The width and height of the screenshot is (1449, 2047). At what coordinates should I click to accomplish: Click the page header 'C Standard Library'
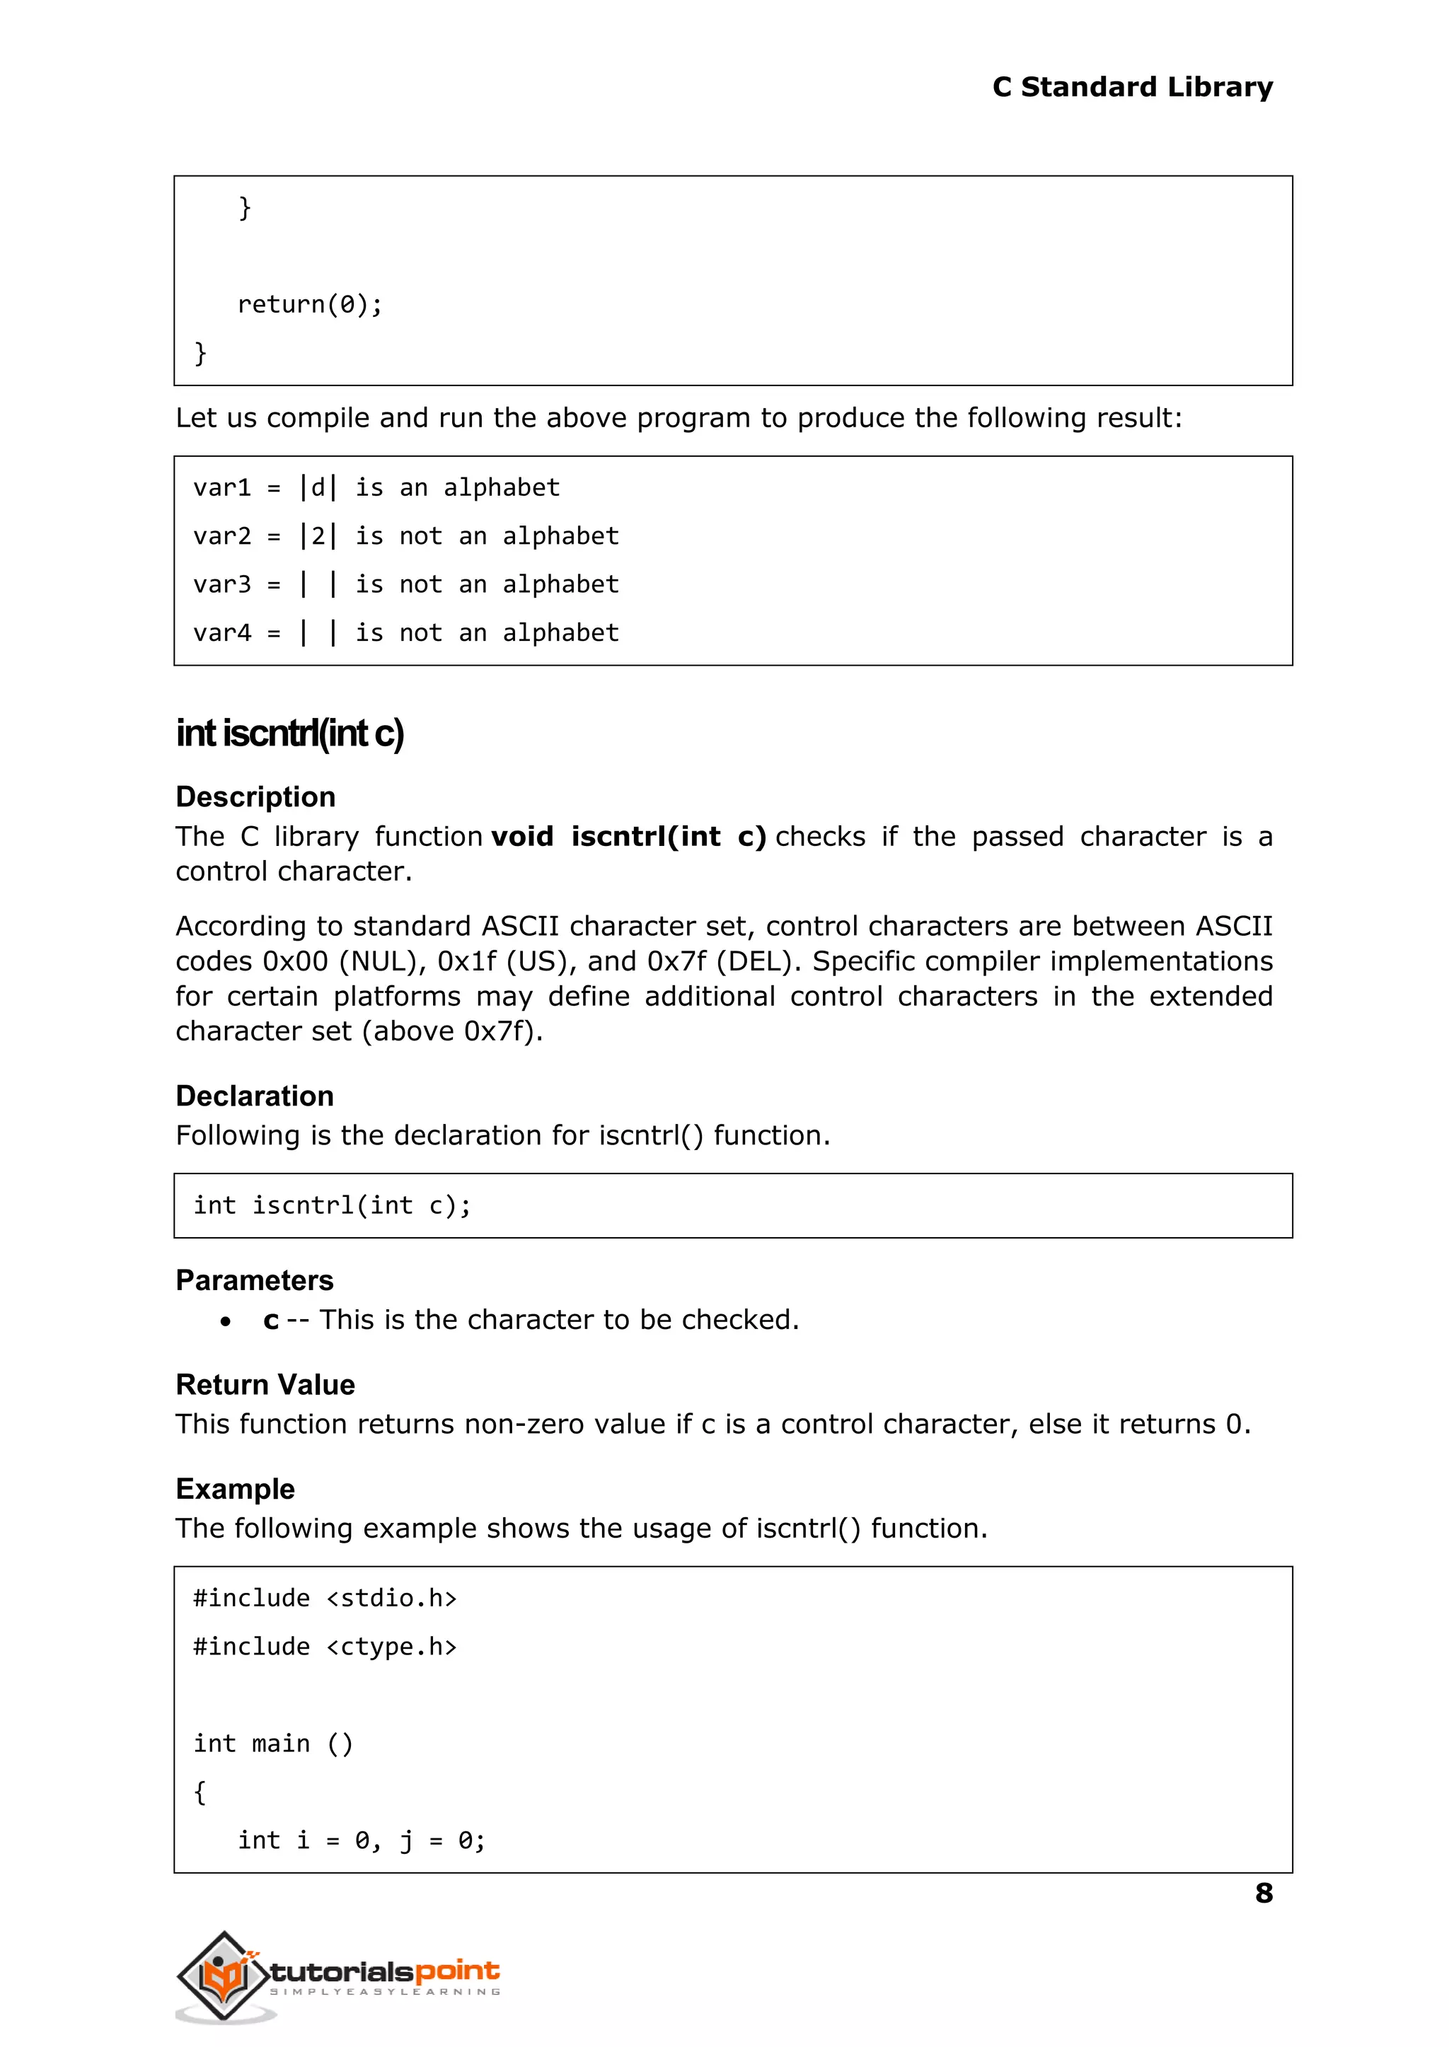(x=1131, y=88)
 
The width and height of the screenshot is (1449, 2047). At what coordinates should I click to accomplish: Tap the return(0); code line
(x=310, y=305)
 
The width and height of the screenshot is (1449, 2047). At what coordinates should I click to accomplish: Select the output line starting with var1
(x=376, y=488)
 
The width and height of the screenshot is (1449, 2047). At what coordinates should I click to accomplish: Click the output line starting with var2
(x=405, y=536)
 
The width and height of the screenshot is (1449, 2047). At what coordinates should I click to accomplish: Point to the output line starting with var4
(x=405, y=633)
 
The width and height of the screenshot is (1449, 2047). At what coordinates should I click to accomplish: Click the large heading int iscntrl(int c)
(x=290, y=733)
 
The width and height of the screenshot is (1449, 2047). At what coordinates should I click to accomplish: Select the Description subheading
(x=255, y=796)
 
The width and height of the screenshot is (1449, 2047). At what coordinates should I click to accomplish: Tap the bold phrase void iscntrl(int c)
(x=629, y=837)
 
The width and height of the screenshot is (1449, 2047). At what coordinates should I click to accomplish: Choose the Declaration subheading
(x=254, y=1096)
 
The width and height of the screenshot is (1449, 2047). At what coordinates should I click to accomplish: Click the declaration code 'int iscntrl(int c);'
(x=332, y=1206)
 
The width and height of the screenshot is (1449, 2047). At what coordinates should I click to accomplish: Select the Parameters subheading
(x=254, y=1281)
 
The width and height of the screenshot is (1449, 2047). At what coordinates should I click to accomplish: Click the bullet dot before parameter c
(x=226, y=1321)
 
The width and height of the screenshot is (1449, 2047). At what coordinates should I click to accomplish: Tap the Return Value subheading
(x=265, y=1385)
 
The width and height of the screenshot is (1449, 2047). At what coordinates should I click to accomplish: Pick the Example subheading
(x=235, y=1490)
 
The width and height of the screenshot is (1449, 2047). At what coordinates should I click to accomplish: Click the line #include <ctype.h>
(x=325, y=1647)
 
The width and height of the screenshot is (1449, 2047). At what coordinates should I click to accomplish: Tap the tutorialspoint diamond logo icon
(x=223, y=1975)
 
